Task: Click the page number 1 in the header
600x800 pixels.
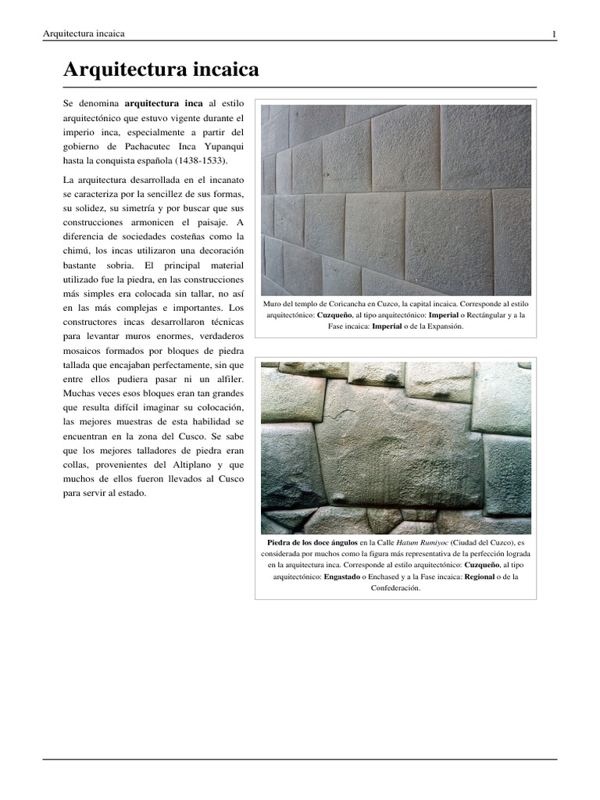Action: (554, 34)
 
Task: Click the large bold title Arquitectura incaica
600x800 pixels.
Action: (161, 71)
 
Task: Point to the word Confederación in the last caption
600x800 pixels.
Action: (395, 588)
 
